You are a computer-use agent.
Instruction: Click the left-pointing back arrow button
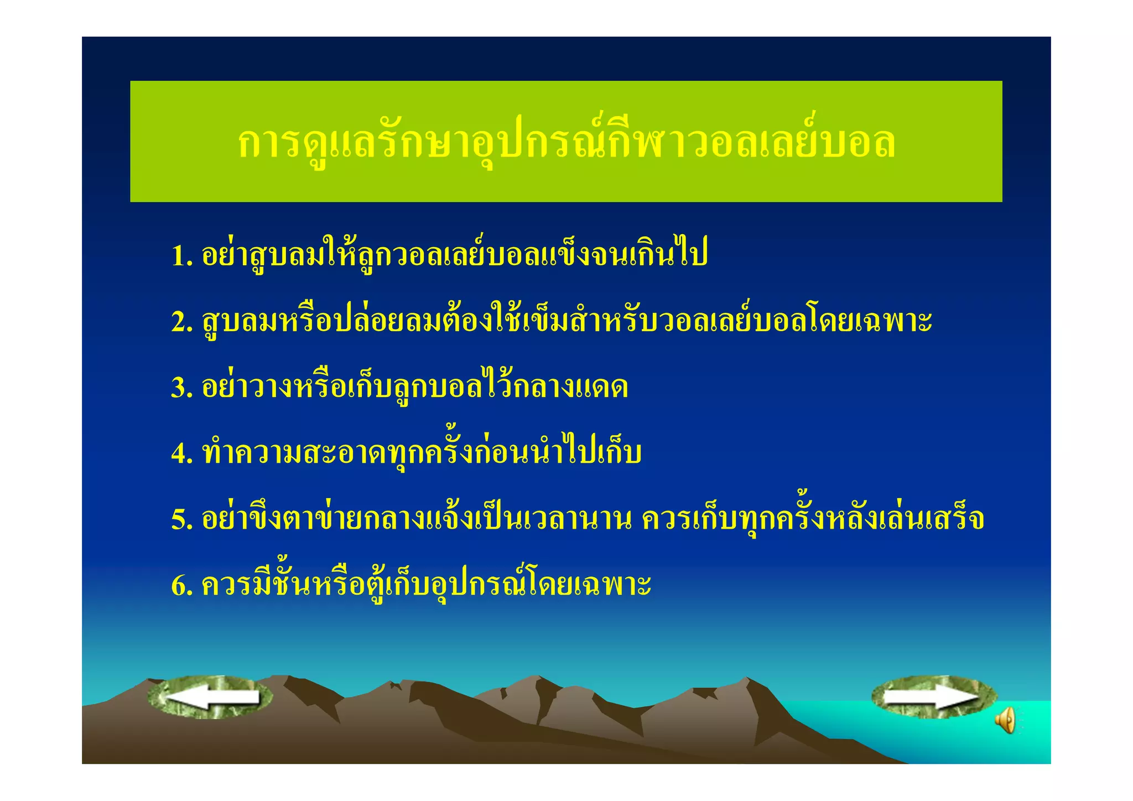[x=210, y=697]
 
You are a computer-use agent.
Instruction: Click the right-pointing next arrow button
[x=934, y=697]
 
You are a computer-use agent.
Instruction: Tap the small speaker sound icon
[x=1005, y=720]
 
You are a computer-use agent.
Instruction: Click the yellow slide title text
[x=566, y=142]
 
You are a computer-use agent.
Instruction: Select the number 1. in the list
[x=181, y=256]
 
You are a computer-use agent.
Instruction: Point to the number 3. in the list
[x=181, y=387]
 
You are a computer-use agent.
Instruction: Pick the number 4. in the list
[x=181, y=453]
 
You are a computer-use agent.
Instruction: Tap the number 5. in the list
[x=181, y=519]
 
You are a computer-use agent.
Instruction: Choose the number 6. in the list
[x=181, y=585]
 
